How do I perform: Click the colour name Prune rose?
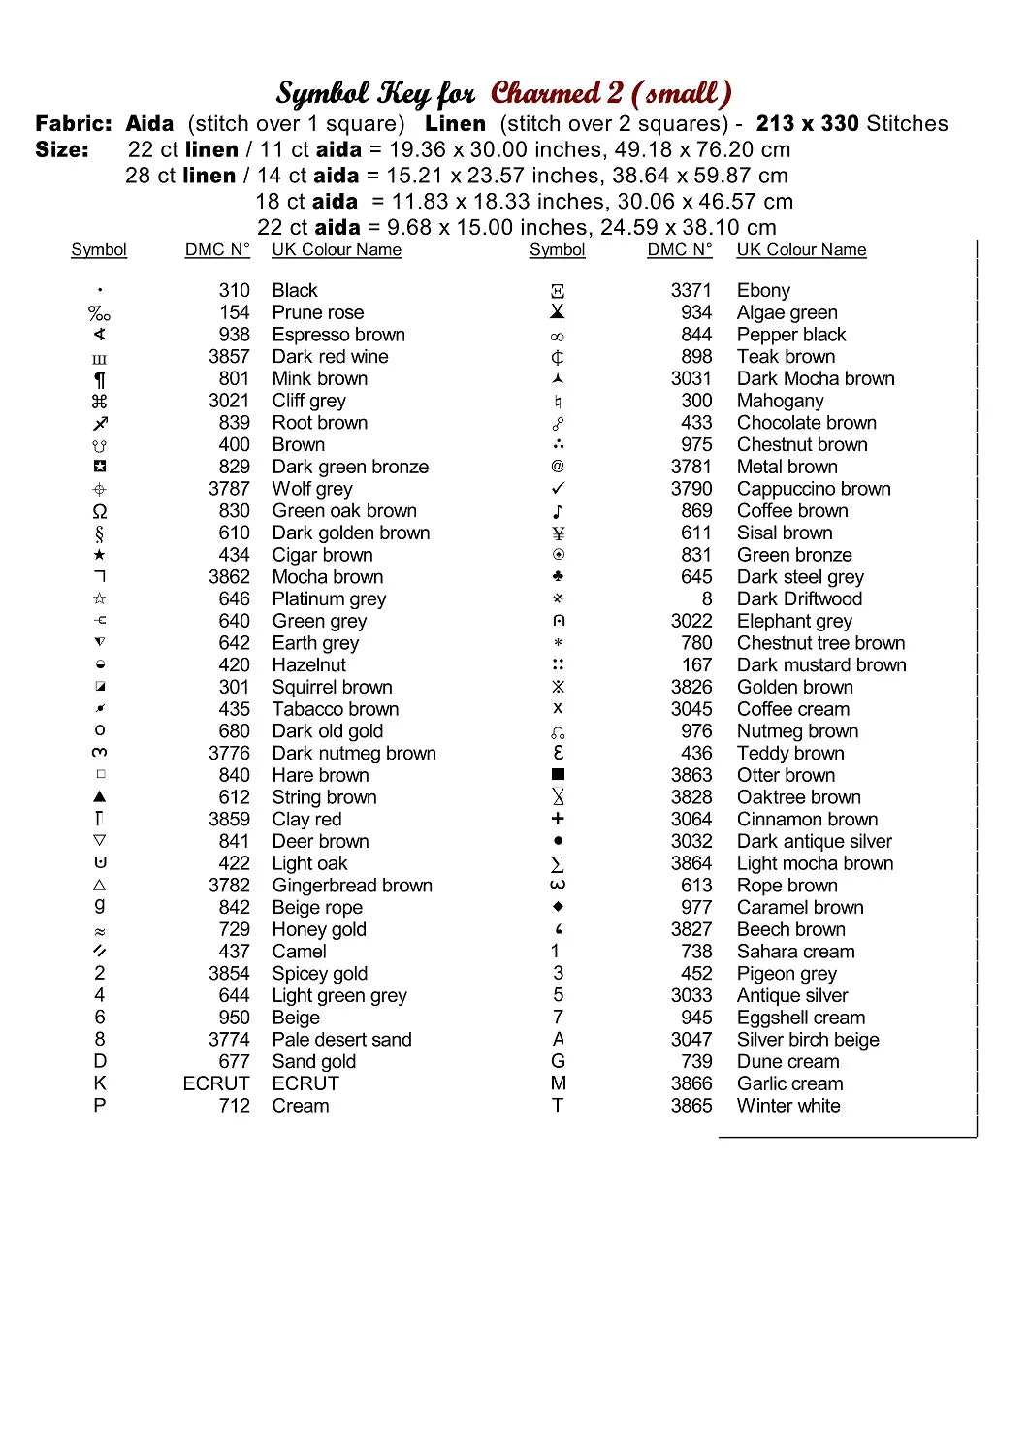[317, 312]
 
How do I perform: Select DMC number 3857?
[229, 356]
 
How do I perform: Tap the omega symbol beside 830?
[99, 511]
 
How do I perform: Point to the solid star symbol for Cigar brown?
[99, 555]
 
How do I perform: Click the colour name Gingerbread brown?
[352, 885]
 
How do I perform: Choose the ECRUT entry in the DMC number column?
[216, 1083]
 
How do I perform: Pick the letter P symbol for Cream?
[99, 1106]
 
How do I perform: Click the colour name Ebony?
[763, 290]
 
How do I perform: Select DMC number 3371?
[691, 290]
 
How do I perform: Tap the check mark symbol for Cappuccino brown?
[558, 489]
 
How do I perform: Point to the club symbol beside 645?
[558, 576]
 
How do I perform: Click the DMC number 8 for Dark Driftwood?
[707, 598]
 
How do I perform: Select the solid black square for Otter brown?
[558, 774]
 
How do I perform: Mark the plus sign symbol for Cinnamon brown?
[558, 819]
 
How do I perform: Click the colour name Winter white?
[788, 1106]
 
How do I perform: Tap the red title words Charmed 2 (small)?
[611, 93]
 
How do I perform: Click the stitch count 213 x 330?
[807, 123]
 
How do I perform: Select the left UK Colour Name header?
[337, 249]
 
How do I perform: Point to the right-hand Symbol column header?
[558, 249]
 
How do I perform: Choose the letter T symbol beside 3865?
[558, 1106]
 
